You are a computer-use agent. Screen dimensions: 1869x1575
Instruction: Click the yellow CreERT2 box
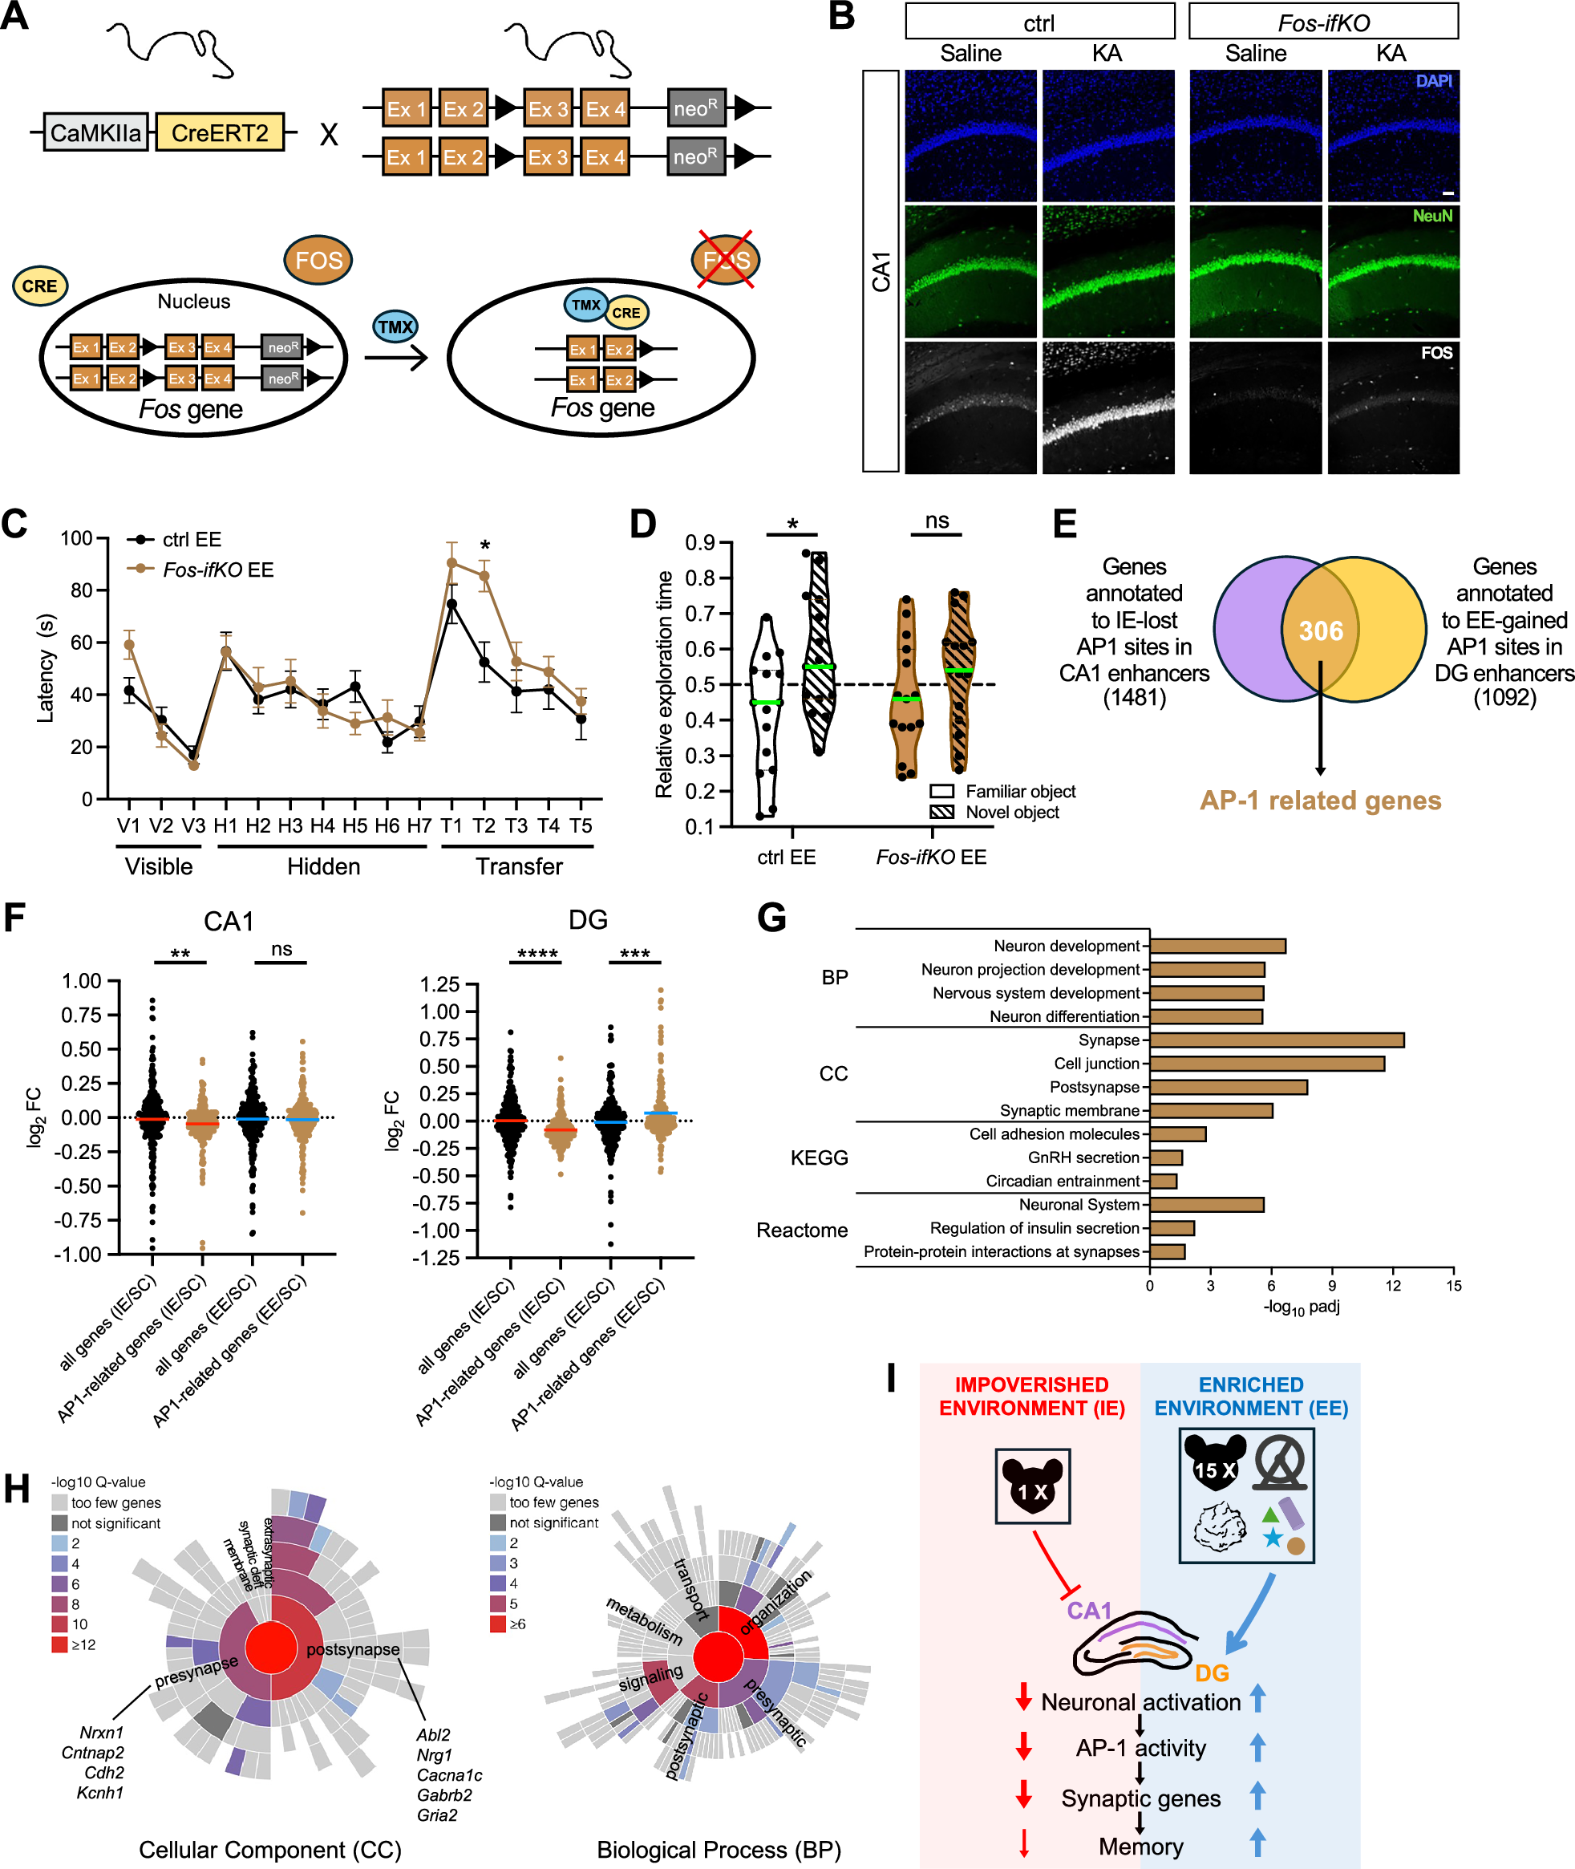point(220,133)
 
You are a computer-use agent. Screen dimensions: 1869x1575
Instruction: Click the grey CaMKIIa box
point(95,133)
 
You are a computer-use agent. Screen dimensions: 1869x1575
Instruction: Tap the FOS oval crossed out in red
point(725,260)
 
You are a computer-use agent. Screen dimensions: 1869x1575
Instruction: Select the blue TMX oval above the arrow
point(395,326)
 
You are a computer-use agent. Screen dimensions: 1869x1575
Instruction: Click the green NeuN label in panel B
point(1432,216)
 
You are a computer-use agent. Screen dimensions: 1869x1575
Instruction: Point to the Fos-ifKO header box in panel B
point(1322,22)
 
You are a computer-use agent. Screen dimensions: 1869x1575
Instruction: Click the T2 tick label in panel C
point(483,825)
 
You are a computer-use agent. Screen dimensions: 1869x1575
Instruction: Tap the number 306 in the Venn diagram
point(1321,631)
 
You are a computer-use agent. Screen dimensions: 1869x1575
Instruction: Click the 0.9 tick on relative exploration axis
point(701,543)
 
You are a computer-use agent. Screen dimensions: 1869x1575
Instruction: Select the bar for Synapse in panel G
point(1276,1040)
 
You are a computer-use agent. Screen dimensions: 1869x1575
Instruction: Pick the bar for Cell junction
point(1266,1064)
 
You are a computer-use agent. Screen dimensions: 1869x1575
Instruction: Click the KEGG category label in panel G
point(819,1157)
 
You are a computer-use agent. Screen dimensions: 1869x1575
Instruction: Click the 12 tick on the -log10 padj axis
point(1392,1286)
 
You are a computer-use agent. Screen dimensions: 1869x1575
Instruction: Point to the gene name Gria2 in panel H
point(436,1814)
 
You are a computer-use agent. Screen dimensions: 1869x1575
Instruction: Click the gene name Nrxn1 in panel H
point(101,1733)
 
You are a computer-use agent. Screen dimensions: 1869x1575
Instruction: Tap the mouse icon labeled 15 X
point(1214,1469)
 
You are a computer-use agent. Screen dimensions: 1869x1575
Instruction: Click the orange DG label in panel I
point(1212,1672)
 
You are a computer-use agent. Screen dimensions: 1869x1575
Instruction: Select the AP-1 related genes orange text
point(1320,800)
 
